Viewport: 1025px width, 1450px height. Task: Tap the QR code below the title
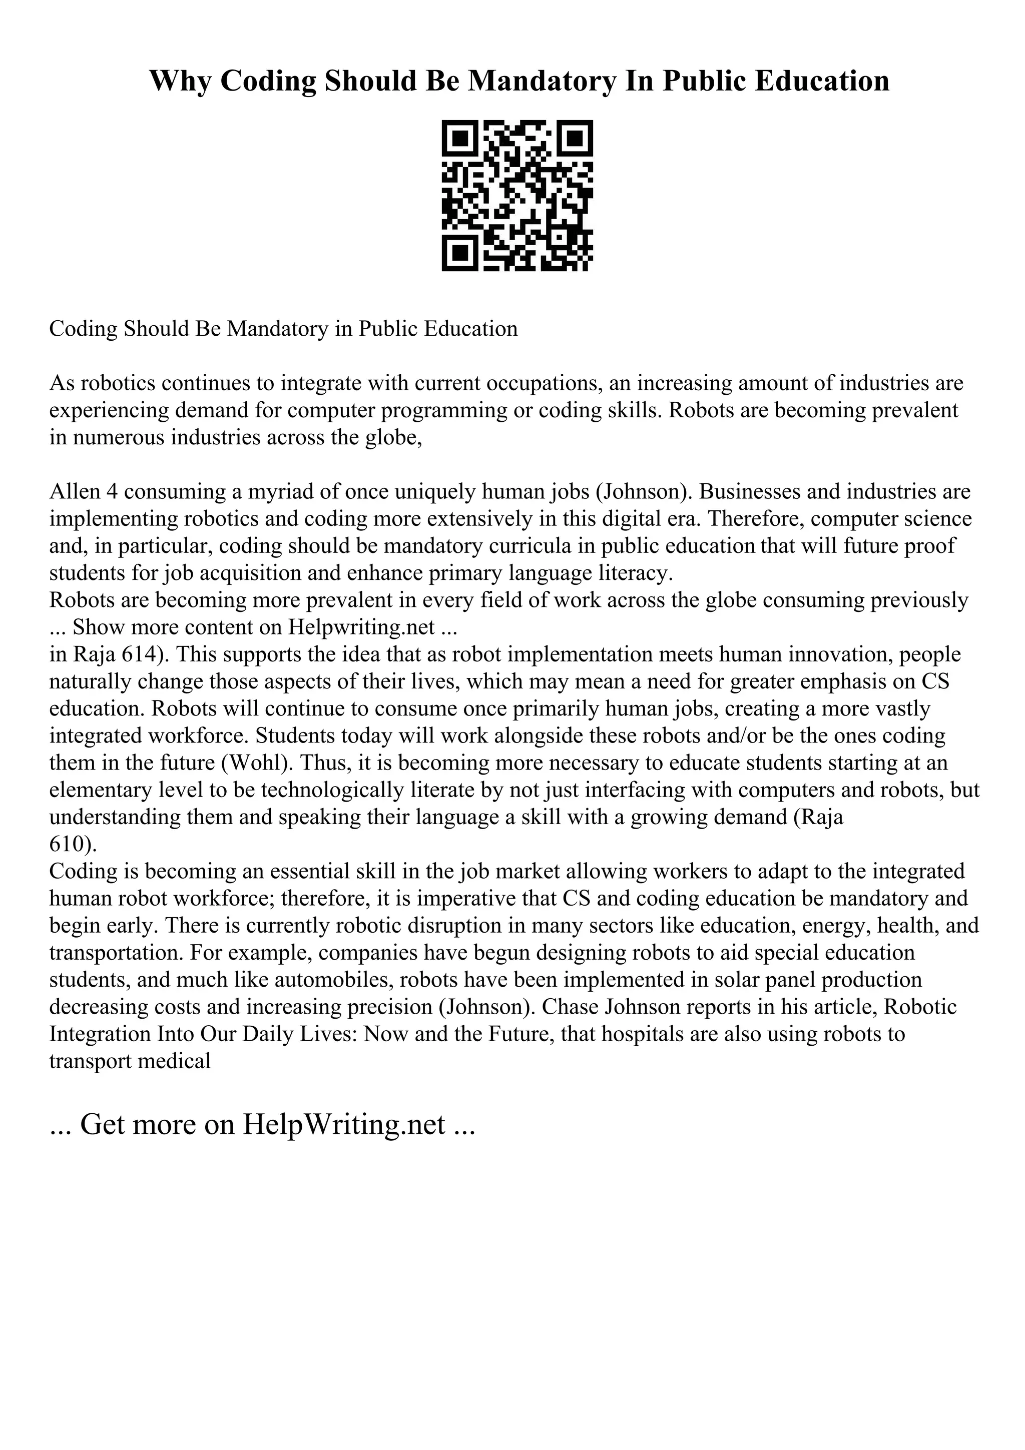(517, 196)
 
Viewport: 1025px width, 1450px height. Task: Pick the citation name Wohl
(256, 763)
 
